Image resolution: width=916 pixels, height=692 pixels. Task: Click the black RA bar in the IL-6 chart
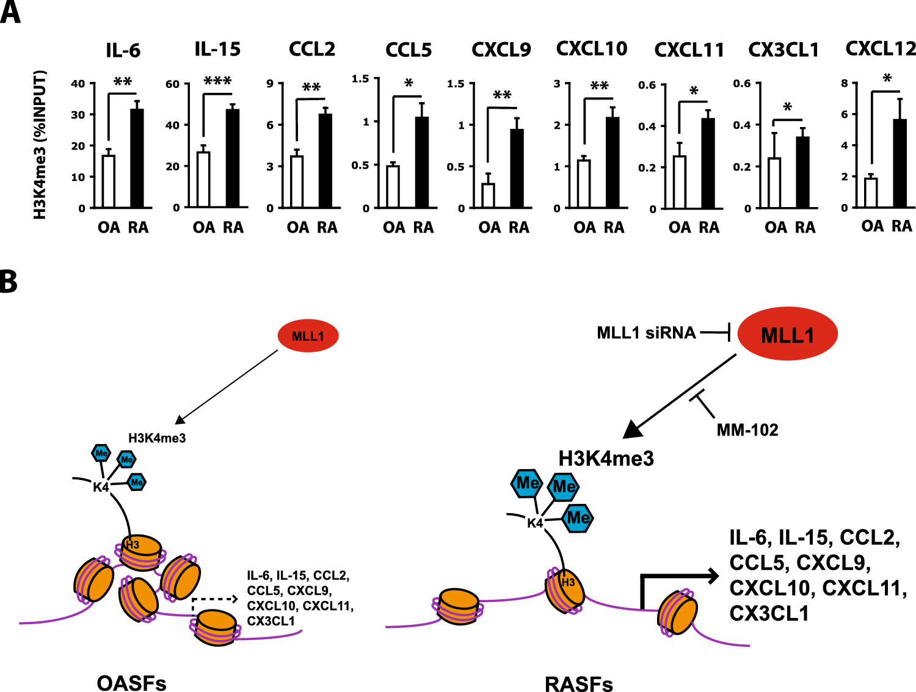pos(137,159)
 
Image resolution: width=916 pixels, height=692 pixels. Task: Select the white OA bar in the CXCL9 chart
pos(488,195)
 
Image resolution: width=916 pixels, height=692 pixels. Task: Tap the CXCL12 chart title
pos(881,48)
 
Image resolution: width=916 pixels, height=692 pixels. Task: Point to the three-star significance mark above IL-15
pos(217,81)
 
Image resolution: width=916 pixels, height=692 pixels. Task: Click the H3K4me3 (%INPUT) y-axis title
pos(40,145)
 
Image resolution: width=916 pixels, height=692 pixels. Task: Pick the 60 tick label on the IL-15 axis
pos(172,84)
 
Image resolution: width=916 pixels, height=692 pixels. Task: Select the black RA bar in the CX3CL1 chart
pos(803,173)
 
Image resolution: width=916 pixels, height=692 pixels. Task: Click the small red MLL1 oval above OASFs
pos(308,336)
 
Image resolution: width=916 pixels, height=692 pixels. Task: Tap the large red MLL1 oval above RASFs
pos(787,334)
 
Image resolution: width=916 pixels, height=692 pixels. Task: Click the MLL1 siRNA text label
pos(646,333)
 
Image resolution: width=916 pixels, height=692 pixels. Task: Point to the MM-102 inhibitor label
pos(747,430)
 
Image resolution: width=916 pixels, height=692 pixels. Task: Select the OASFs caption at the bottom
pos(131,683)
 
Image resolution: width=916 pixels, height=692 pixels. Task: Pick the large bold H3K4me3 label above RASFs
pos(606,458)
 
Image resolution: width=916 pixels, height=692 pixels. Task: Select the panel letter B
pos(9,282)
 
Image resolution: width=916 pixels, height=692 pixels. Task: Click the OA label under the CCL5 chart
pos(394,228)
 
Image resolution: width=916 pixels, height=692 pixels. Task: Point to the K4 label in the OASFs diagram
pos(101,487)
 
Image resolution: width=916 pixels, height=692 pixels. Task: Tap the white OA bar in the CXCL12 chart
pos(871,192)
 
